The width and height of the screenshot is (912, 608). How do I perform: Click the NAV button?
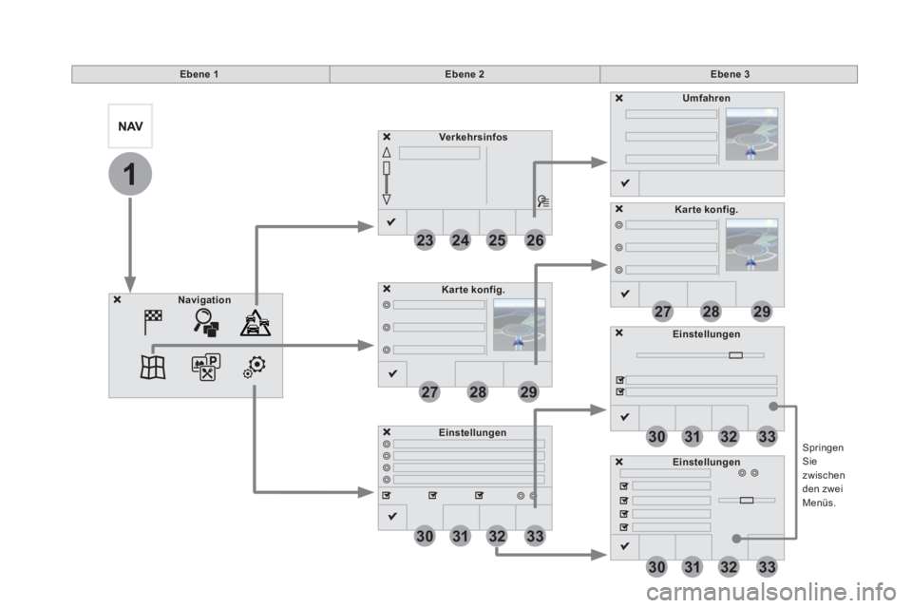coord(130,126)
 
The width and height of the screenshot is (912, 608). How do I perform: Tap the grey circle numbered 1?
coord(130,174)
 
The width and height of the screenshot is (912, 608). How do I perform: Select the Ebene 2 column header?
coord(465,74)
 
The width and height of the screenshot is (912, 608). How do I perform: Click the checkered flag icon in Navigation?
coord(153,322)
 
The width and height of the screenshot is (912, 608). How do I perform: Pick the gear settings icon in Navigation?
coord(255,367)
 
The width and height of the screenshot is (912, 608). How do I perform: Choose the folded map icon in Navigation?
coord(153,368)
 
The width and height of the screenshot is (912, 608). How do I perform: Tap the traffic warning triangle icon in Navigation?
coord(256,323)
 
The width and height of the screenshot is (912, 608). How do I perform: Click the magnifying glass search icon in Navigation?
coord(206,323)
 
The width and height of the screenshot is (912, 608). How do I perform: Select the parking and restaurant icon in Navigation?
coord(206,367)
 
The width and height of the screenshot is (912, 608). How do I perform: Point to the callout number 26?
coord(535,239)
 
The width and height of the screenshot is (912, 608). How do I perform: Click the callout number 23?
coord(425,239)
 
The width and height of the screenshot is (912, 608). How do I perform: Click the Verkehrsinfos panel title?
coord(473,138)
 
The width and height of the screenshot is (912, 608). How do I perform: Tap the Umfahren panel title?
coord(706,99)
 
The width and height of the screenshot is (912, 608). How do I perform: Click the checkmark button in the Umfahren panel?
coord(625,183)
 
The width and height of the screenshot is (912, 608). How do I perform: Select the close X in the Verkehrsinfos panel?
coord(387,138)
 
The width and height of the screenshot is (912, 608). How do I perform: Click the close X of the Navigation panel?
coord(117,299)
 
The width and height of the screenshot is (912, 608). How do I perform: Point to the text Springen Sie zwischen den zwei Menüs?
coord(823,475)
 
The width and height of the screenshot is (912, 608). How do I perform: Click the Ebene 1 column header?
coord(199,74)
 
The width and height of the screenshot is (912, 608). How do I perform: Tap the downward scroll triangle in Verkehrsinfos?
coord(387,199)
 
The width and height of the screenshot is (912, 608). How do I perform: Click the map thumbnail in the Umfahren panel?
coord(751,134)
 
